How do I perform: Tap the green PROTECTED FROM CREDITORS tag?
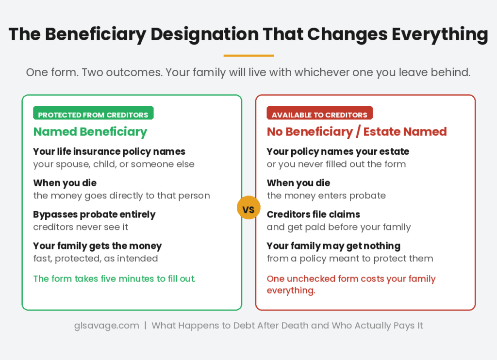click(93, 115)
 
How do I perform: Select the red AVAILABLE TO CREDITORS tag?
click(319, 115)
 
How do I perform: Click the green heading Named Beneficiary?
click(90, 131)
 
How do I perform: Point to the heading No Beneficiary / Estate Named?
click(357, 131)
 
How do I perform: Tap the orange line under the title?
click(248, 56)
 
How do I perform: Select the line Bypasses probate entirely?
click(94, 214)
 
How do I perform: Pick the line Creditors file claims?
click(314, 214)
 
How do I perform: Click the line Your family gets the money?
click(97, 246)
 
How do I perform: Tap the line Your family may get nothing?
click(333, 246)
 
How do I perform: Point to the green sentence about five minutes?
click(114, 278)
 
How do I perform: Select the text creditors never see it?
click(81, 227)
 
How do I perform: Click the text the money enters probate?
click(326, 196)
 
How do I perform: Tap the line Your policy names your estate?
click(338, 151)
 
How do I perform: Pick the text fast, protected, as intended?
click(95, 259)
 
